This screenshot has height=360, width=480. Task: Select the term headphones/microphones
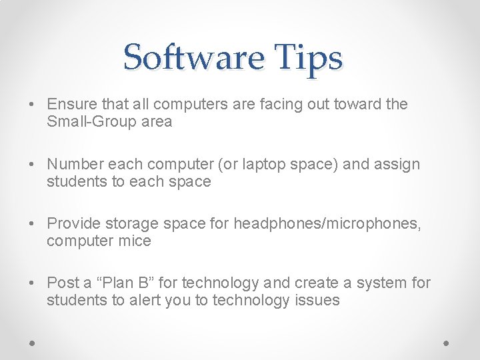click(x=327, y=224)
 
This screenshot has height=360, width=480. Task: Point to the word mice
click(x=136, y=241)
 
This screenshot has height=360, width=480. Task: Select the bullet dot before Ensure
click(x=32, y=105)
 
